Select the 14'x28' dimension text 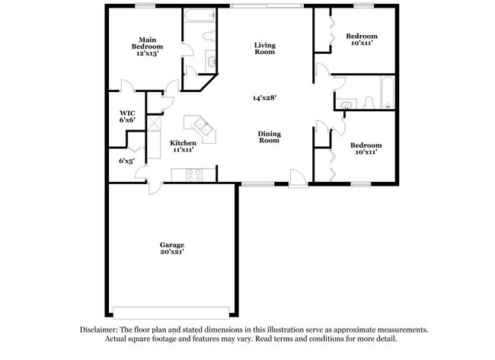[x=264, y=97]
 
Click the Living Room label [x=264, y=49]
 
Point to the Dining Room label [x=270, y=137]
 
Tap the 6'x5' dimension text [x=126, y=161]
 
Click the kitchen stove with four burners [x=193, y=175]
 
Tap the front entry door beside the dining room [x=299, y=181]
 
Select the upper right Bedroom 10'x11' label [x=361, y=40]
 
